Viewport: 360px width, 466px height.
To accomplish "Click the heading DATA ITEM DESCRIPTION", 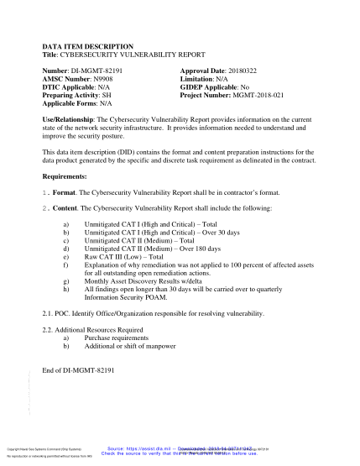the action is (x=87, y=47).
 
